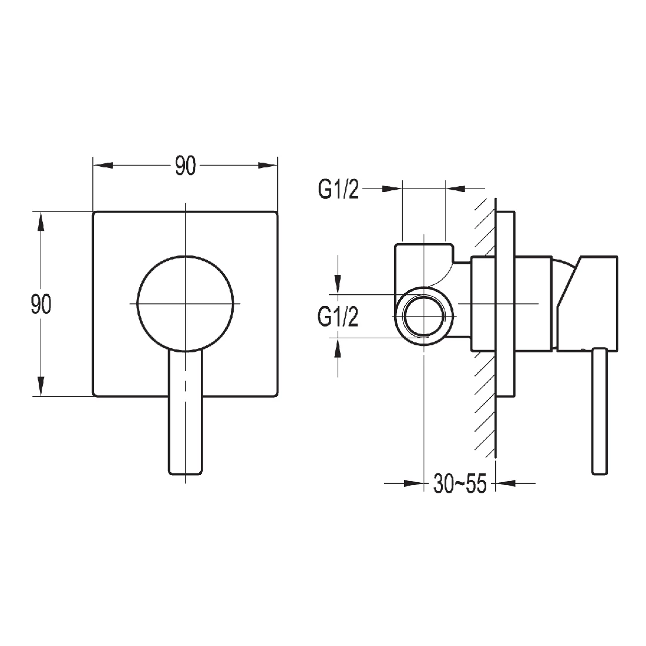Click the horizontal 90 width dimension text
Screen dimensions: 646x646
click(x=184, y=166)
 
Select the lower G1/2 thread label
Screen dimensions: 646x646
click(x=338, y=318)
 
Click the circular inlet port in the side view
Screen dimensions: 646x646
click(x=423, y=315)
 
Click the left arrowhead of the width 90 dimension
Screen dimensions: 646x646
click(x=103, y=166)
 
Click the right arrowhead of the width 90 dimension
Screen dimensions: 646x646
click(x=267, y=166)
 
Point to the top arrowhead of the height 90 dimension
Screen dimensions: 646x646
click(x=41, y=222)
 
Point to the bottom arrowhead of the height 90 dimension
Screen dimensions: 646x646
click(x=41, y=386)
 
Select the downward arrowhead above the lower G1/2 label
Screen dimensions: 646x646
click(x=337, y=284)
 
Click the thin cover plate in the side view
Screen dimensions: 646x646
click(x=506, y=304)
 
